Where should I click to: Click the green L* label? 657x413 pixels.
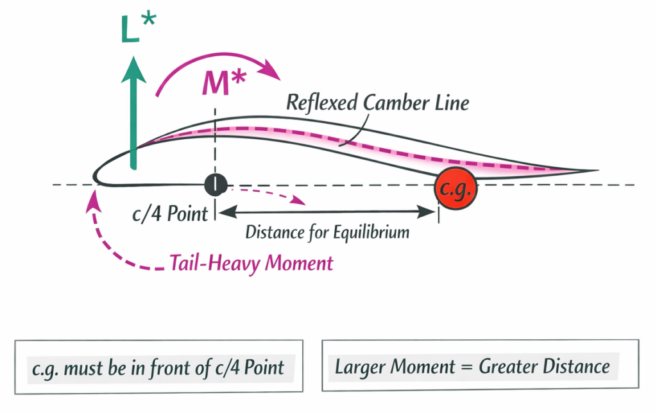point(137,30)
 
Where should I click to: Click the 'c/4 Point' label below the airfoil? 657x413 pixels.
point(170,214)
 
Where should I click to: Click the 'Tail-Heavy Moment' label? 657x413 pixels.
point(252,263)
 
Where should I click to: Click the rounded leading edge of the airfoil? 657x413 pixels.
point(96,175)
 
